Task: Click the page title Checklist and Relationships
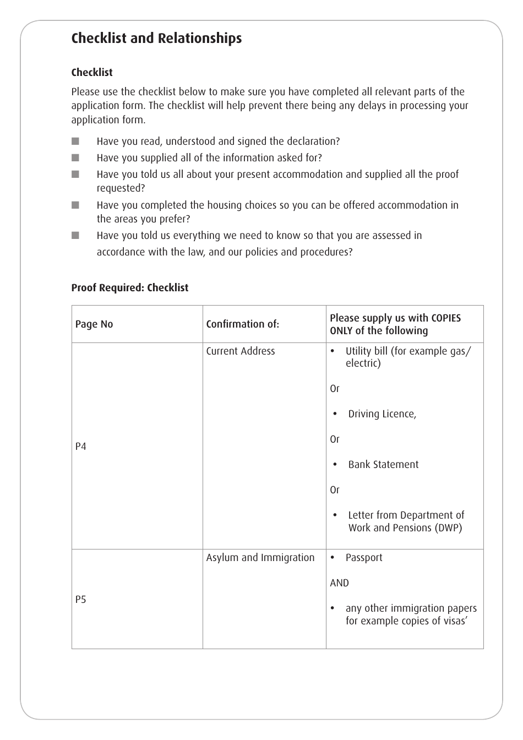point(156,38)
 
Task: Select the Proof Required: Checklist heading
point(130,287)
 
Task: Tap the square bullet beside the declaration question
point(75,141)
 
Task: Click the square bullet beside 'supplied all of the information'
point(75,157)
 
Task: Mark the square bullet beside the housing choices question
point(75,205)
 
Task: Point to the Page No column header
point(94,324)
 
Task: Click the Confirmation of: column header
point(242,324)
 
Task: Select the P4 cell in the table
point(81,447)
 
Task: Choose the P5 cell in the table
point(81,600)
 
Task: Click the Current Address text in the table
point(241,351)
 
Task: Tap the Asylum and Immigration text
point(260,558)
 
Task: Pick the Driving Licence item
point(382,414)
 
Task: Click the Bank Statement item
point(383,465)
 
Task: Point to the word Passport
point(364,558)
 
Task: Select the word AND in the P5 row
point(339,583)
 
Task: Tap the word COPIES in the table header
point(446,318)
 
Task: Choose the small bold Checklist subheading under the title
point(92,73)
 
